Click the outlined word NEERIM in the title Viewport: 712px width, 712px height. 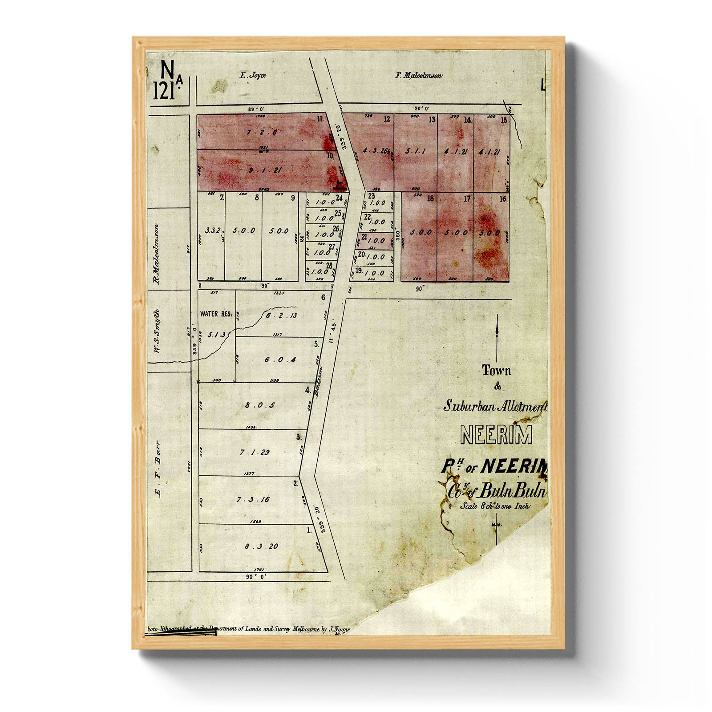click(496, 435)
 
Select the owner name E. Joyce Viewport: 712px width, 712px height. click(252, 76)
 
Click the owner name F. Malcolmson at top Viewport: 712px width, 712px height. click(419, 76)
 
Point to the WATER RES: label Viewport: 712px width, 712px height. click(216, 314)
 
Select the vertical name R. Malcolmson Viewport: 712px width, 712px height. click(156, 254)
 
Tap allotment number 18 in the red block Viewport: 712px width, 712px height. click(430, 199)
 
